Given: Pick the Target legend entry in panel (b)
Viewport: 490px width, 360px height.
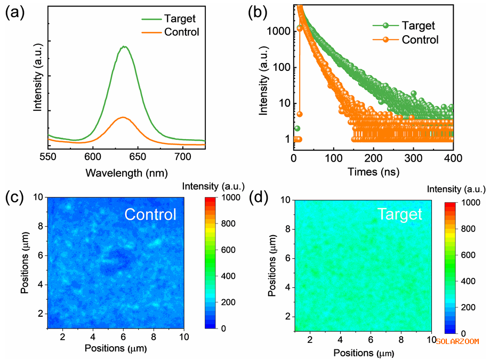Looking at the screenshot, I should pyautogui.click(x=419, y=25).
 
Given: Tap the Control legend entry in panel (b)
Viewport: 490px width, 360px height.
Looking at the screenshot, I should pyautogui.click(x=420, y=39).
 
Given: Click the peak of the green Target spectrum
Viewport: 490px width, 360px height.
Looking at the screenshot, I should pyautogui.click(x=124, y=46).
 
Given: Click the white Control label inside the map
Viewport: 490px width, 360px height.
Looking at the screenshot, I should pyautogui.click(x=150, y=214).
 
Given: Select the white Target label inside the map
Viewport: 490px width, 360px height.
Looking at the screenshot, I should pyautogui.click(x=400, y=214).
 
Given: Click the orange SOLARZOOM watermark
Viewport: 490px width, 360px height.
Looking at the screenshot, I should pyautogui.click(x=457, y=341).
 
